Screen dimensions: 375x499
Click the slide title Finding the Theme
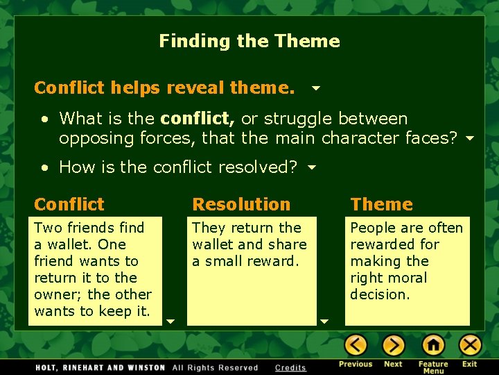pyautogui.click(x=249, y=41)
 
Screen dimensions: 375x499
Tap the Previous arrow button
pyautogui.click(x=356, y=345)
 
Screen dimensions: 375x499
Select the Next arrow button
pyautogui.click(x=393, y=345)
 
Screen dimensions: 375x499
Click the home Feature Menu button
pyautogui.click(x=433, y=345)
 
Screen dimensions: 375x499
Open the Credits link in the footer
pyautogui.click(x=290, y=367)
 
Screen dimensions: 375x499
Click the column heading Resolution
pyautogui.click(x=241, y=204)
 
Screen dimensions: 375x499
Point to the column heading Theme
pyautogui.click(x=381, y=204)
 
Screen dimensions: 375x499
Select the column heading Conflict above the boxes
pyautogui.click(x=69, y=204)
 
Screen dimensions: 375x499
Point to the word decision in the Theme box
pyautogui.click(x=380, y=294)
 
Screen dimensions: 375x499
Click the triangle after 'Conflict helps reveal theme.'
pyautogui.click(x=316, y=89)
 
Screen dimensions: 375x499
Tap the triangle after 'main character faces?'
pyautogui.click(x=470, y=139)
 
